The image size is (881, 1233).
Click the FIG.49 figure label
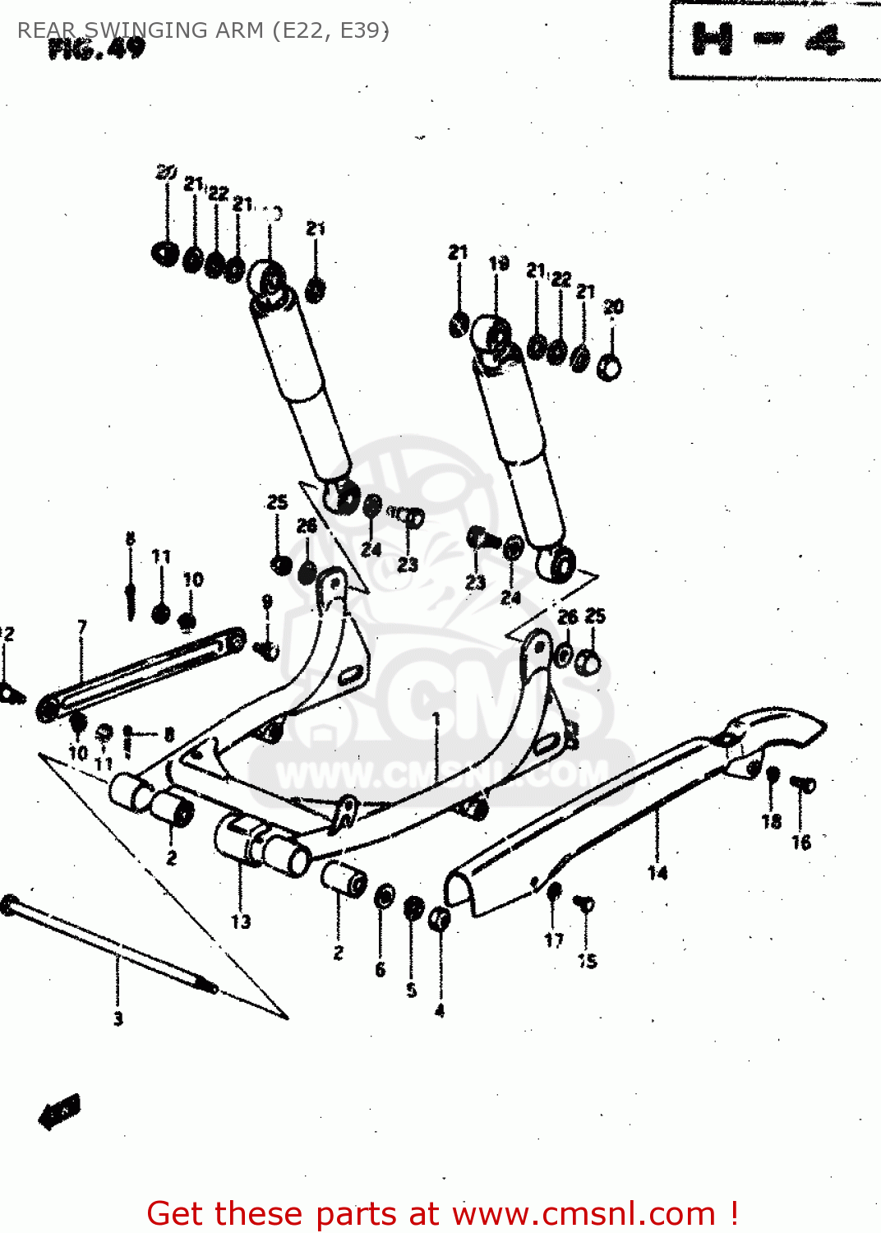pyautogui.click(x=96, y=49)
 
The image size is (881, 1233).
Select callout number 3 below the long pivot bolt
pyautogui.click(x=118, y=1018)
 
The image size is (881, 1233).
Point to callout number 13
pyautogui.click(x=240, y=921)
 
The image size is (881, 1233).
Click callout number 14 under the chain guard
pyautogui.click(x=657, y=873)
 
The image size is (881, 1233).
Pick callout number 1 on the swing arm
pyautogui.click(x=436, y=718)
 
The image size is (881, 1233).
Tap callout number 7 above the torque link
pyautogui.click(x=82, y=628)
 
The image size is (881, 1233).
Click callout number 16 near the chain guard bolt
pyautogui.click(x=801, y=842)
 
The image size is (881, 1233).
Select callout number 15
pyautogui.click(x=587, y=961)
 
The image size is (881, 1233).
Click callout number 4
pyautogui.click(x=440, y=1010)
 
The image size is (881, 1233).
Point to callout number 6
pyautogui.click(x=380, y=970)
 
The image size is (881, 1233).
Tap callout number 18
pyautogui.click(x=771, y=821)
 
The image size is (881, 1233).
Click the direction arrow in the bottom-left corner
pyautogui.click(x=59, y=1112)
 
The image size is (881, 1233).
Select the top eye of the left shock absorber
pyautogui.click(x=267, y=279)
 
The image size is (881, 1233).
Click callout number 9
pyautogui.click(x=267, y=602)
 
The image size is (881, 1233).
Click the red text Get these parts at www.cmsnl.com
pyautogui.click(x=442, y=1213)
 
